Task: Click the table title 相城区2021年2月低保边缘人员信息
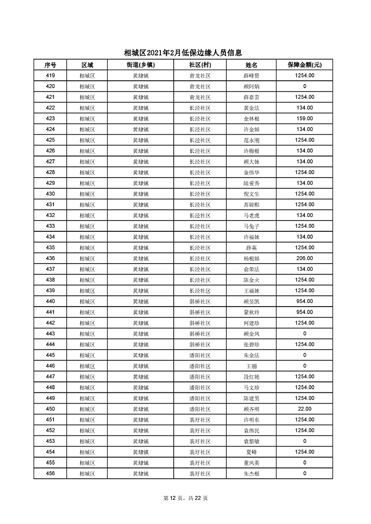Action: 185,53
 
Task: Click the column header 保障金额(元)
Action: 304,65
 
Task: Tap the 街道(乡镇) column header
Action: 141,65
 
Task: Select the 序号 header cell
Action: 50,65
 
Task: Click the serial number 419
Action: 50,76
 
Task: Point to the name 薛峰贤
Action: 251,76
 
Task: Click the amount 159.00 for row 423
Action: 304,119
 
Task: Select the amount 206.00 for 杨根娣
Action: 304,259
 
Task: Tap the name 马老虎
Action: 251,216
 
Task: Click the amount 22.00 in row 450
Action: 304,409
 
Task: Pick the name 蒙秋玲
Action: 251,312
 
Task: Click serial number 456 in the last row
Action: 50,473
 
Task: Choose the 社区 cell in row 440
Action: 200,302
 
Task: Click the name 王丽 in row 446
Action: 251,366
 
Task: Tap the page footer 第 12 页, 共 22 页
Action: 185,498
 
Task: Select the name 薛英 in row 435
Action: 251,248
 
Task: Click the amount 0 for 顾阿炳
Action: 304,86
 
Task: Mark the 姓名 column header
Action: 251,65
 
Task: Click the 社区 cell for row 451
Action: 200,420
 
